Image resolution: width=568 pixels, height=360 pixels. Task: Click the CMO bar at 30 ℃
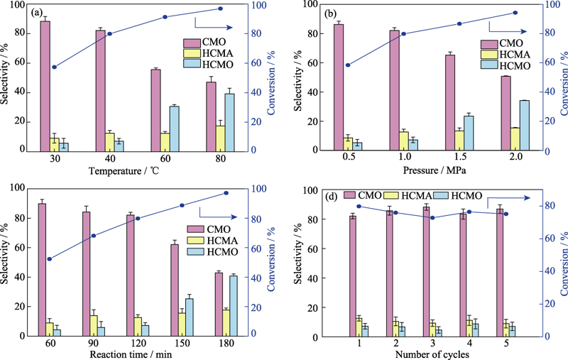pyautogui.click(x=45, y=86)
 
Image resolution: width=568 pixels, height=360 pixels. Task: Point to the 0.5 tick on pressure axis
pyautogui.click(x=348, y=158)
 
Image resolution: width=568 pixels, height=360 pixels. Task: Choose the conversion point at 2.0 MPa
pyautogui.click(x=515, y=12)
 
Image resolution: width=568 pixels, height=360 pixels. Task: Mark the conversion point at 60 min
pyautogui.click(x=49, y=259)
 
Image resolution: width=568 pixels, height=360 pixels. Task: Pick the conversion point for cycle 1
pyautogui.click(x=359, y=207)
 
